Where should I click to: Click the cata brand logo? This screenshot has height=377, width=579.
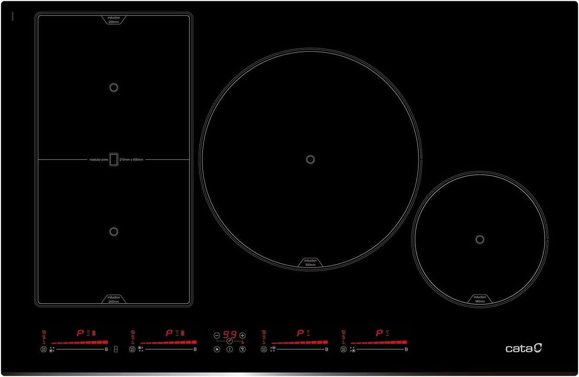click(524, 348)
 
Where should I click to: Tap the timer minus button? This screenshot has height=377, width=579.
click(217, 335)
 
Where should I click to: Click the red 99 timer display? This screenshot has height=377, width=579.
click(230, 335)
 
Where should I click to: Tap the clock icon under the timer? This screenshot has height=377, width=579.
click(230, 341)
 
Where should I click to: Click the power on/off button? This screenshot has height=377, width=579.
click(230, 349)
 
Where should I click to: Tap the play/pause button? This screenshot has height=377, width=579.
click(217, 349)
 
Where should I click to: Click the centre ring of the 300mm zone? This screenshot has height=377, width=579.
click(310, 160)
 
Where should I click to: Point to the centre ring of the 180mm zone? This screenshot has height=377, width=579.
click(479, 239)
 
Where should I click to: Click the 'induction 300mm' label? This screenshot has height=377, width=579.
click(310, 262)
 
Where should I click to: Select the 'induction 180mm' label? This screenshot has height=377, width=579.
click(479, 299)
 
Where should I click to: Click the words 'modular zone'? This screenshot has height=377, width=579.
click(99, 160)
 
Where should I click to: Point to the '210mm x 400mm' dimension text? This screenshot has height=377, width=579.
click(131, 160)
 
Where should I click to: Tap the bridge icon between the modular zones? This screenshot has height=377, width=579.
click(114, 160)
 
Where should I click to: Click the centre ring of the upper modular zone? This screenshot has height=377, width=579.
click(114, 87)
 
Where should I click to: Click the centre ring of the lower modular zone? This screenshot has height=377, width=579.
click(114, 231)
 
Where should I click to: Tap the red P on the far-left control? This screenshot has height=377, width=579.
click(80, 333)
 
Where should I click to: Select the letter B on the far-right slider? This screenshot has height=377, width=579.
click(406, 349)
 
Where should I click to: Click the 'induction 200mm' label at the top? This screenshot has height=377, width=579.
click(114, 19)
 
